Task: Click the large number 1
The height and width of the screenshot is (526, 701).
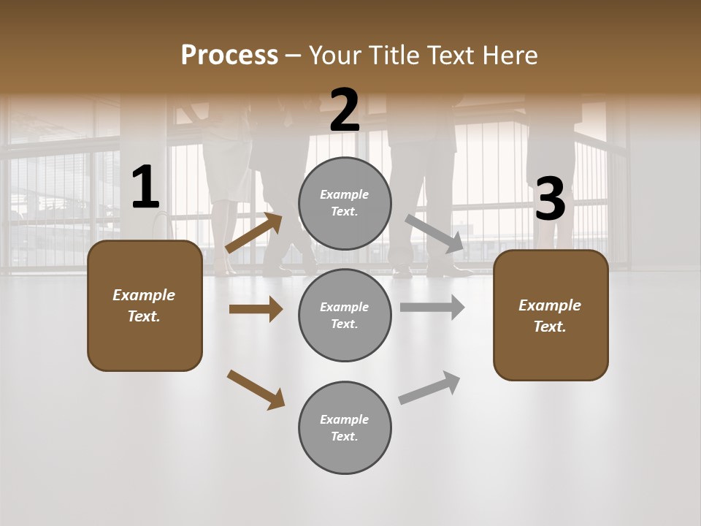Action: [x=145, y=188]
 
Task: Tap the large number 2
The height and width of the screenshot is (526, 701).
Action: [x=345, y=110]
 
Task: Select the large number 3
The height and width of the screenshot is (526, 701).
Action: [x=550, y=199]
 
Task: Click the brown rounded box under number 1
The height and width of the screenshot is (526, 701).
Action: [x=145, y=305]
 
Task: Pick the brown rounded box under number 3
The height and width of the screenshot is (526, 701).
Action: [x=551, y=316]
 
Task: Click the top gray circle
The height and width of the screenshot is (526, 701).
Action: [x=345, y=203]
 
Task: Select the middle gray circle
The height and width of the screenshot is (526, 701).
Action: [x=345, y=315]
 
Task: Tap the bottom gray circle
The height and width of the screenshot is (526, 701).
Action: [x=345, y=427]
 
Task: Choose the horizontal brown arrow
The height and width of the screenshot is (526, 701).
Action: [x=256, y=309]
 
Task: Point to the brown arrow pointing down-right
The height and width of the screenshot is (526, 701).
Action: [x=256, y=389]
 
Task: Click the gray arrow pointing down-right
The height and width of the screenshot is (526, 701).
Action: [x=434, y=234]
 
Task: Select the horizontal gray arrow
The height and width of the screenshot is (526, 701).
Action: [x=432, y=308]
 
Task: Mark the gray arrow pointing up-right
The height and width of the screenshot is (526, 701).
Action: [x=429, y=388]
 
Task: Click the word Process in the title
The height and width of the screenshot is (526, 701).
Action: [x=229, y=55]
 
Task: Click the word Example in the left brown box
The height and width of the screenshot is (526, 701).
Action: [x=144, y=295]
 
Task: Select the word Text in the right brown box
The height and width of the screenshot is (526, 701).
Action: [x=548, y=327]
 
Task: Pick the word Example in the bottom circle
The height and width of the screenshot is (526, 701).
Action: [x=344, y=419]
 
